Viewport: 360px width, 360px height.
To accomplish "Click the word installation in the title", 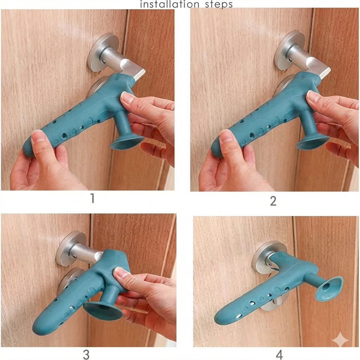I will coord(164,4).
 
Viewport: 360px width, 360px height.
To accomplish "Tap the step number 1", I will coord(92,199).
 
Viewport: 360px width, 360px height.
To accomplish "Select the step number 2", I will coord(273,201).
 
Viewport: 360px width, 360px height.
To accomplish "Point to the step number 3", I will coord(86,355).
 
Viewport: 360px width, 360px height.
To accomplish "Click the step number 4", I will coord(279,355).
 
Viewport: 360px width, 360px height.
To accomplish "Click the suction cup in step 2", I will coord(313,142).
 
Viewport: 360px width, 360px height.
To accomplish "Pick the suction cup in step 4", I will coord(329,289).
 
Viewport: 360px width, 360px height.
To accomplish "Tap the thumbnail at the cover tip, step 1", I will coord(38,137).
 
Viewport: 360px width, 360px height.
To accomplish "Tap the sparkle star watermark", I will coord(340,340).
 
